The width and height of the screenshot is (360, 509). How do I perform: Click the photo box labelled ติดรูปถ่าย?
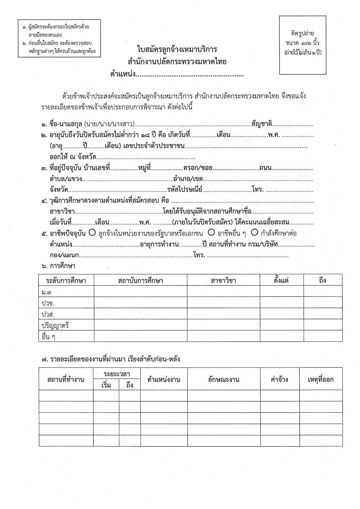[303, 45]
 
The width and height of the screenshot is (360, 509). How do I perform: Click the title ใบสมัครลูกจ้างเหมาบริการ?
[177, 49]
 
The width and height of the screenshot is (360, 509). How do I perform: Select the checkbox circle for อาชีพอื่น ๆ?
[211, 232]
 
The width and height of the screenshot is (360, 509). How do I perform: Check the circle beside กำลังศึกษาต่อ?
[255, 232]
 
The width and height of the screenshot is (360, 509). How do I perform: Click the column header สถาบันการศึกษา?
[140, 281]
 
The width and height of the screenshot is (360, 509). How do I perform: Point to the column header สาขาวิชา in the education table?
[223, 281]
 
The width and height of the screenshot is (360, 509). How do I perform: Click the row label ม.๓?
[47, 292]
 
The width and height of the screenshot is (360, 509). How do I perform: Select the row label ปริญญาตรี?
[55, 326]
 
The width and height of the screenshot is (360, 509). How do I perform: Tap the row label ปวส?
[48, 314]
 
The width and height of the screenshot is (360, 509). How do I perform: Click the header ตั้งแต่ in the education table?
[281, 281]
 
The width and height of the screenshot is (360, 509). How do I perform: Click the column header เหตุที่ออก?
[321, 379]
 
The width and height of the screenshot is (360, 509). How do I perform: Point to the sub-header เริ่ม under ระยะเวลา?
[106, 385]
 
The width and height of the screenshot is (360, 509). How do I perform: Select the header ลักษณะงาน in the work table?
[224, 379]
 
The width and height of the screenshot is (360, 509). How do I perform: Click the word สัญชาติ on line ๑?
[262, 124]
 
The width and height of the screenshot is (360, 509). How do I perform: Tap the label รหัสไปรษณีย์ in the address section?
[185, 190]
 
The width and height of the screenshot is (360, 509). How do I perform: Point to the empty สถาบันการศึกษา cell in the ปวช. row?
[140, 303]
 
